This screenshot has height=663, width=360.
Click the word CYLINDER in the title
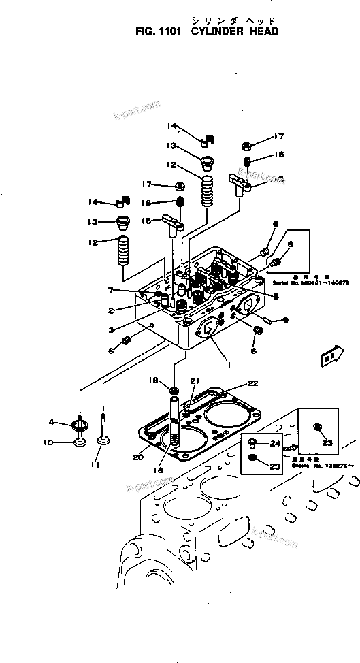tap(222, 31)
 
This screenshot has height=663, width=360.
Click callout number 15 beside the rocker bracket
tap(148, 220)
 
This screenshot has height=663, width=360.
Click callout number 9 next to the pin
tap(286, 319)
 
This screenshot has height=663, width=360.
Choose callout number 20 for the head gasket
tap(138, 457)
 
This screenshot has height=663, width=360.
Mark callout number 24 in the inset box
tap(275, 444)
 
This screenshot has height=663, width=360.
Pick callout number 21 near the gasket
tap(194, 381)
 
